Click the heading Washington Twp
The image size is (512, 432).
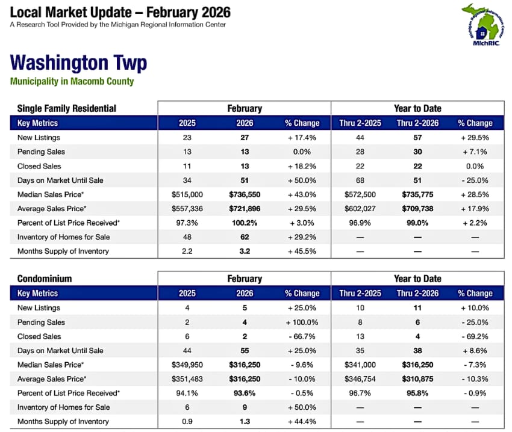[78, 63]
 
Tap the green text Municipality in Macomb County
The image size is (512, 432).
[72, 81]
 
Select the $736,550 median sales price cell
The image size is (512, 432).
[245, 194]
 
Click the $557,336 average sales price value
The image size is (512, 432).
[187, 208]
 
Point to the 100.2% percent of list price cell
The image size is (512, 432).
[245, 223]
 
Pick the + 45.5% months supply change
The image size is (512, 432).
[302, 251]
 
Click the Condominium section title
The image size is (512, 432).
[45, 279]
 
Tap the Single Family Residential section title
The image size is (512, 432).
[66, 108]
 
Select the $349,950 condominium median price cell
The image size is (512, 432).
[187, 365]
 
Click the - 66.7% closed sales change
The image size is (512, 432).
[302, 336]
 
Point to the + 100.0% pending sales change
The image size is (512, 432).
[302, 322]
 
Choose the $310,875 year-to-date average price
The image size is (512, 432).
[417, 378]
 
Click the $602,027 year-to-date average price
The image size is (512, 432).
[360, 208]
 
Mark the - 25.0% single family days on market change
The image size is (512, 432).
[475, 180]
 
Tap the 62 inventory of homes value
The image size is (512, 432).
[245, 236]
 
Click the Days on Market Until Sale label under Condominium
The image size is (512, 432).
[60, 351]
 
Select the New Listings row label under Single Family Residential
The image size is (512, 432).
[39, 137]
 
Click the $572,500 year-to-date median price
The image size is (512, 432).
[360, 194]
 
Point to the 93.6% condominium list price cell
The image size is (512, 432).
[245, 393]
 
